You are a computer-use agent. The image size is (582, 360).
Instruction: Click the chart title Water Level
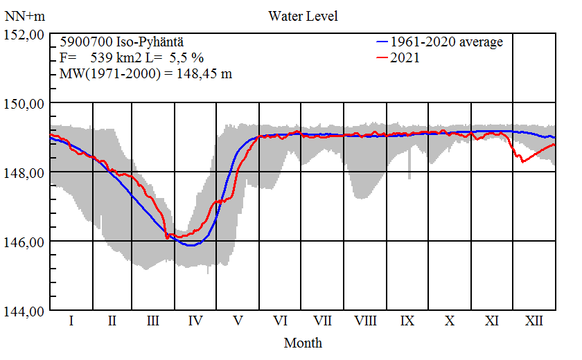(303, 15)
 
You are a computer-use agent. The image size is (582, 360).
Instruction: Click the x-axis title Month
(303, 342)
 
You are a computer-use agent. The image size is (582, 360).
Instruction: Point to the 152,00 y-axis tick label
(24, 34)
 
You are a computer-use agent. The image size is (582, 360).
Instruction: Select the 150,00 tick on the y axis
(24, 103)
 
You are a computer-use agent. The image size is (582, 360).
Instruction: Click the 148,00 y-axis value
(24, 172)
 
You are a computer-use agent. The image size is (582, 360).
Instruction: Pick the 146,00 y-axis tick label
(24, 242)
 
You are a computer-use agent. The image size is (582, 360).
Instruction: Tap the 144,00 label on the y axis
(24, 311)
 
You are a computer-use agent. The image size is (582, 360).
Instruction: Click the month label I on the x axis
(71, 321)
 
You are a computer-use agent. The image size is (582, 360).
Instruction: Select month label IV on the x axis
(195, 321)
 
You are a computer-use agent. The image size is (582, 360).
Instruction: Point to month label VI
(281, 321)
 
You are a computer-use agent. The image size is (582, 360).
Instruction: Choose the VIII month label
(365, 321)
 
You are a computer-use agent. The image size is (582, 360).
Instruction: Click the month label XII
(533, 321)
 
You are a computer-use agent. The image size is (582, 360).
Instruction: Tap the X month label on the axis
(450, 321)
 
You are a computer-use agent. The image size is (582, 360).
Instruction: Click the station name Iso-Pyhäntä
(145, 42)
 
